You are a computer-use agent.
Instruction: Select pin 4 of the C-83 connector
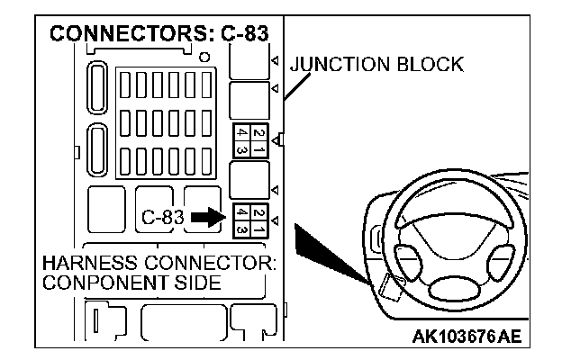[240, 212]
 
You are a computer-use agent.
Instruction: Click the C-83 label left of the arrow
[163, 217]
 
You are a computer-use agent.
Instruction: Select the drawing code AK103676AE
[467, 337]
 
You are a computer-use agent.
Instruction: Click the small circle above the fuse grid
[205, 58]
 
